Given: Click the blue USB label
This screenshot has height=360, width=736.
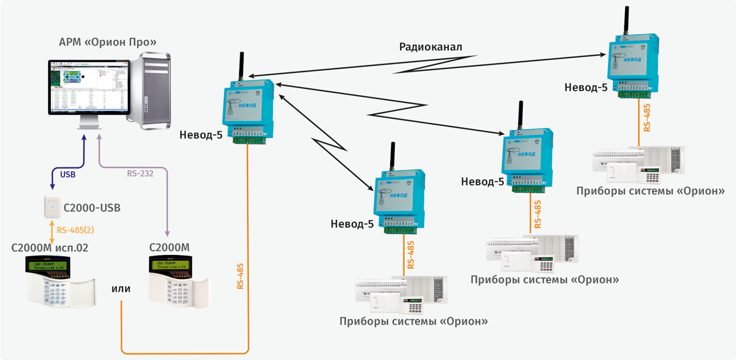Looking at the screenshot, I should click(x=68, y=174).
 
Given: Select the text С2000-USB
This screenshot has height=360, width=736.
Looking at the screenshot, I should click(x=92, y=208).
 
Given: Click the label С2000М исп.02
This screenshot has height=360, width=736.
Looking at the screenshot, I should click(x=50, y=247).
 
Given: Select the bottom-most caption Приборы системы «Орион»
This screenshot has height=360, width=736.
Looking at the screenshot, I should click(x=413, y=321).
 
